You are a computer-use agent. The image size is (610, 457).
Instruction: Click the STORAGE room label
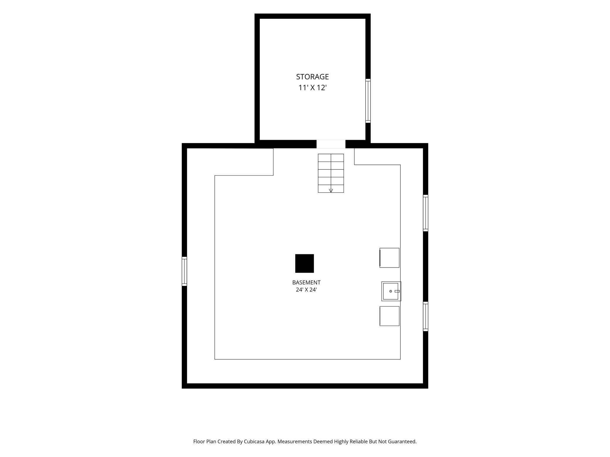pos(312,77)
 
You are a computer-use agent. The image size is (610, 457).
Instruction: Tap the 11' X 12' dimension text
pos(312,88)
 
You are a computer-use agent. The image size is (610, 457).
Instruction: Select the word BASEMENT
pos(306,282)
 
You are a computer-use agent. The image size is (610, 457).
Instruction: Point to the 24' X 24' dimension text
pos(306,290)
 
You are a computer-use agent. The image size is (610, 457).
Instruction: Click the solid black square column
pos(304,263)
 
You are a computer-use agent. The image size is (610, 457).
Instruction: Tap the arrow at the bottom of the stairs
pos(331,190)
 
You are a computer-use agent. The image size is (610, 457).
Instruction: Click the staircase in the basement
pos(331,173)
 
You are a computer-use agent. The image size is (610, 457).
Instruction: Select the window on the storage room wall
pos(368,101)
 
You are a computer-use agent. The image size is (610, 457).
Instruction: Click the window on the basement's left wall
pos(184,271)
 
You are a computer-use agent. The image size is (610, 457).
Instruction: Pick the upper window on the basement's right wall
pos(426,213)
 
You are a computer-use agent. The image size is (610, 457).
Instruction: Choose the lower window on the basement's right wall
pos(426,316)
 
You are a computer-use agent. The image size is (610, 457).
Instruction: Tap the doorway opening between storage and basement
pos(331,144)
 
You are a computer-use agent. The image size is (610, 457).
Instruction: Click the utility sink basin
pos(391,291)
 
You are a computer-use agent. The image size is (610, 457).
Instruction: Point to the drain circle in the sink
pos(391,291)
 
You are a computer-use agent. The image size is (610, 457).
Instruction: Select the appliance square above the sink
pos(389,258)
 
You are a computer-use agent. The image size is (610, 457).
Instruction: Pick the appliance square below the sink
pos(389,316)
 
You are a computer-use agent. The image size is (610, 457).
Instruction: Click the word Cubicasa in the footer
pos(254,441)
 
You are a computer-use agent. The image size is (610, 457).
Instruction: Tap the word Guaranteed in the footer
pos(402,441)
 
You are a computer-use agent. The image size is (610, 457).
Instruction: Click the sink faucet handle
pos(397,291)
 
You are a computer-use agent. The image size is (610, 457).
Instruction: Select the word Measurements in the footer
pos(295,441)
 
